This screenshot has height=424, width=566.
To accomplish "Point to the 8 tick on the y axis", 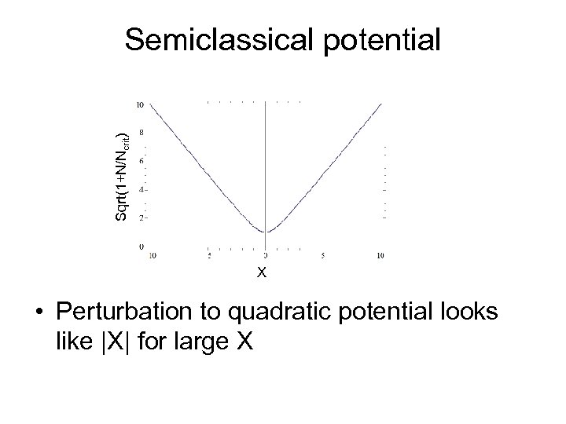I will pyautogui.click(x=141, y=133).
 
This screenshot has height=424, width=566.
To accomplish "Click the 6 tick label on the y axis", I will pyautogui.click(x=141, y=161).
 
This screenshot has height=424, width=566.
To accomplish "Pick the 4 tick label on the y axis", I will pyautogui.click(x=141, y=189).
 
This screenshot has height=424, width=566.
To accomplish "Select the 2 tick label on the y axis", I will pyautogui.click(x=141, y=218).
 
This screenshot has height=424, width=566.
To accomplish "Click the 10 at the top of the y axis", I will pyautogui.click(x=139, y=104).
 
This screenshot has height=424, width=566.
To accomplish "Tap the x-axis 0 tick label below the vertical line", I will pyautogui.click(x=266, y=255).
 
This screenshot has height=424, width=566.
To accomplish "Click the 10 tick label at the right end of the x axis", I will pyautogui.click(x=380, y=255).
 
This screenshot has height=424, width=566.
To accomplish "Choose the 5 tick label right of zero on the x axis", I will pyautogui.click(x=323, y=255).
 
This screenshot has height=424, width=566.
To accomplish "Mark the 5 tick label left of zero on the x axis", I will pyautogui.click(x=208, y=255).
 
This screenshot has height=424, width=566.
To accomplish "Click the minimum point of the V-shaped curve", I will pyautogui.click(x=266, y=232).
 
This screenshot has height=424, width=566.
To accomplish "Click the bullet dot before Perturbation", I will pyautogui.click(x=40, y=313).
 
